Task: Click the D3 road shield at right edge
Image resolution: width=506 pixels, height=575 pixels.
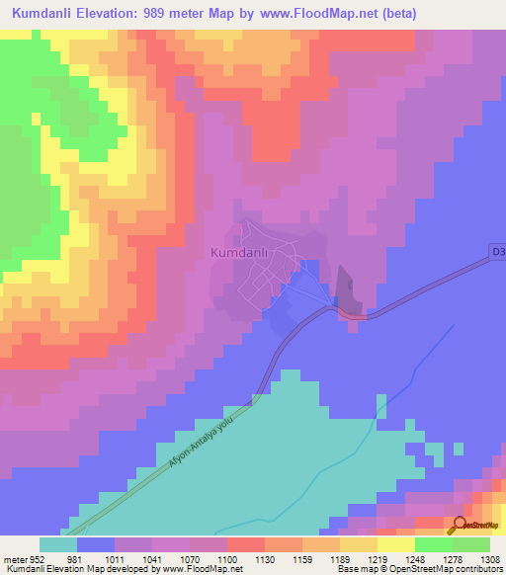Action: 498,253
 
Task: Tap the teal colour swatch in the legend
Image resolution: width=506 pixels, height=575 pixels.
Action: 57,544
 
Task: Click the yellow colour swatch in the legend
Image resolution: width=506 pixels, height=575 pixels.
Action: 395,544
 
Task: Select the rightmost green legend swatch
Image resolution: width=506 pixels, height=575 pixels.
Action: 470,544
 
